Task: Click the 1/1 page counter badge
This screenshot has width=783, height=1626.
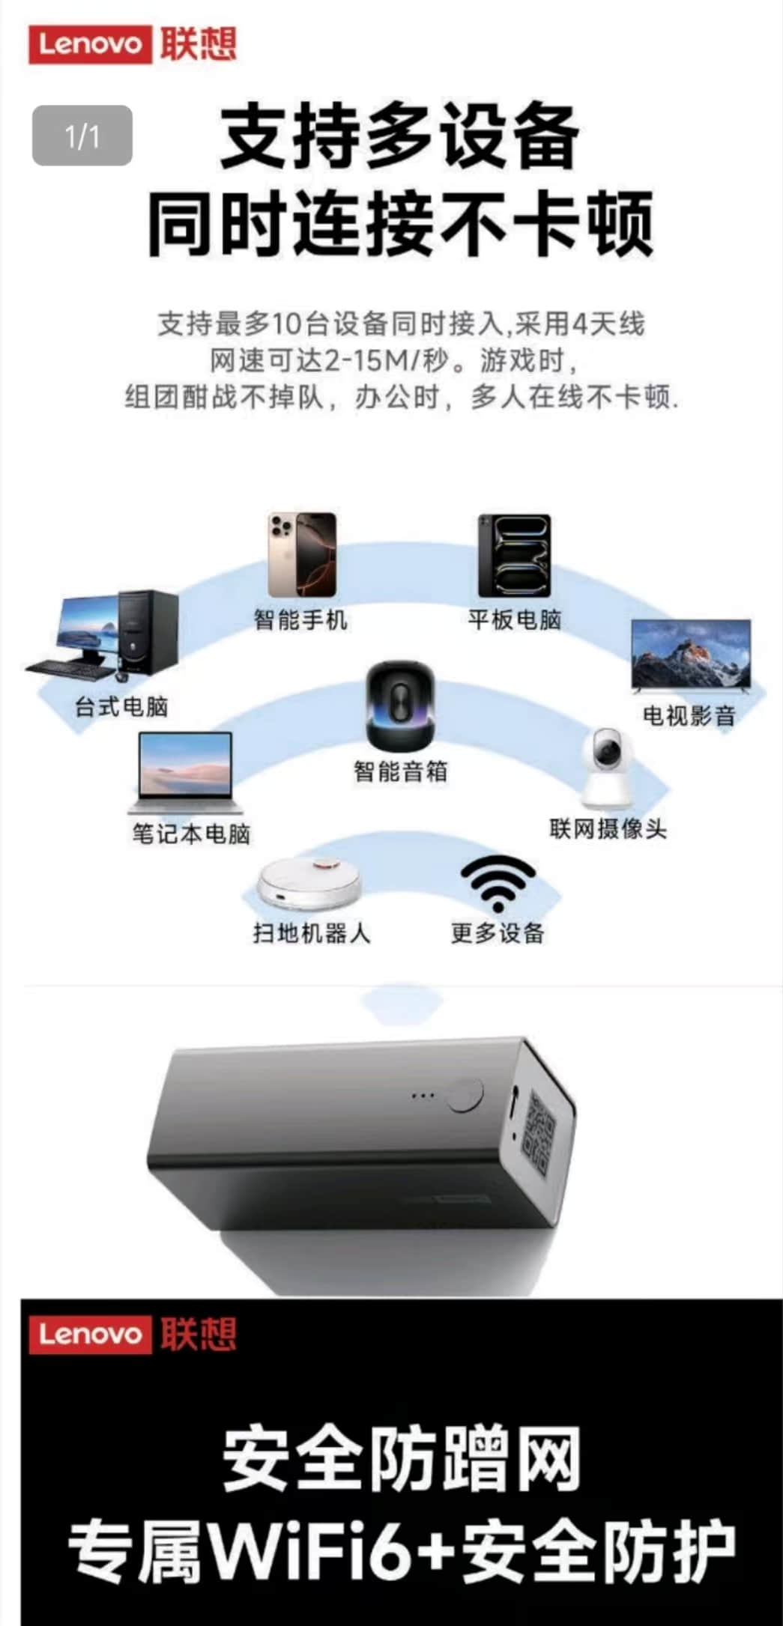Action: tap(82, 136)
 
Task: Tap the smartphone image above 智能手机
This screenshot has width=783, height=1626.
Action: tap(302, 555)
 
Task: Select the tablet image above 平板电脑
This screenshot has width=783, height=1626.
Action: tap(515, 556)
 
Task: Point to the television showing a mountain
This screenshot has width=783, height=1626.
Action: tap(690, 656)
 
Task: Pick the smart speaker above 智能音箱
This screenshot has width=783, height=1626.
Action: tap(400, 705)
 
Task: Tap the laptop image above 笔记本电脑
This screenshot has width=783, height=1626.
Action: tap(186, 773)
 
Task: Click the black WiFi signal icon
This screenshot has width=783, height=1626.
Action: tap(498, 882)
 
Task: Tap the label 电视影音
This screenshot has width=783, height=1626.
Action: tap(689, 716)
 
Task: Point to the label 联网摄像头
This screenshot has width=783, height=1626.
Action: tap(608, 829)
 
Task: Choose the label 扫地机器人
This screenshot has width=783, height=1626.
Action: tap(311, 933)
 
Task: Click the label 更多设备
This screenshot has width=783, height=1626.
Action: tap(498, 933)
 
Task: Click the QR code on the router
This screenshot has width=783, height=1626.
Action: tap(540, 1124)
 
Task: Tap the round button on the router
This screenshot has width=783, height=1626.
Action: tap(464, 1095)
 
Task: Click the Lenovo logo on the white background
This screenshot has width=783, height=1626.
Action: tap(133, 44)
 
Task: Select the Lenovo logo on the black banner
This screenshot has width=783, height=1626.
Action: tap(133, 1334)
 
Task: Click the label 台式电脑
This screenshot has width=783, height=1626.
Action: tap(121, 706)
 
